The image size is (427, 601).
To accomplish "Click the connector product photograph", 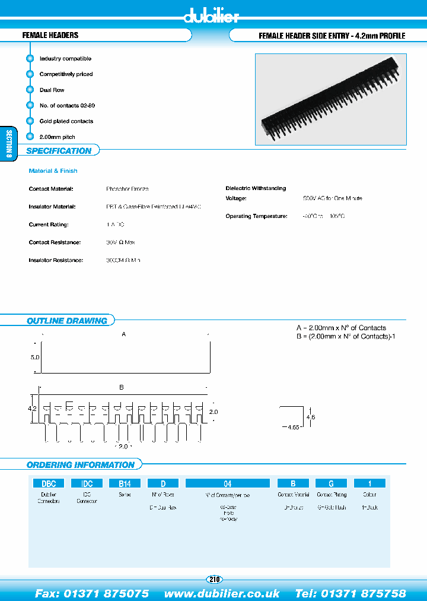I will [330, 99].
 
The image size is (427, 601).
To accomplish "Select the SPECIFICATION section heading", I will [59, 151].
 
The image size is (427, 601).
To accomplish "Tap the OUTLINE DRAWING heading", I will [67, 321].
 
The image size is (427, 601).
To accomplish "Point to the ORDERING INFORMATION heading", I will [81, 464].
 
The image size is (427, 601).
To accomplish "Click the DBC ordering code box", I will [49, 483].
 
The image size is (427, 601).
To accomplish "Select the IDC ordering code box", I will [87, 483].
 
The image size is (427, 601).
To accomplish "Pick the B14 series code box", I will [125, 483].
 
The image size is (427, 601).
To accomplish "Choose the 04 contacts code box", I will [227, 483].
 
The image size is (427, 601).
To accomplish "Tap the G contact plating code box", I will [331, 483].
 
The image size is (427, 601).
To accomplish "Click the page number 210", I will [213, 579].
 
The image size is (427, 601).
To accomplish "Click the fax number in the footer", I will [92, 593].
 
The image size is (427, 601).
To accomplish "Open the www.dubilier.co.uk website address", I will [222, 593].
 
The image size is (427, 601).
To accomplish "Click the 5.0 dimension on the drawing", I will [34, 358].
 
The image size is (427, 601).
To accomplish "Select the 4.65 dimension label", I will [291, 427].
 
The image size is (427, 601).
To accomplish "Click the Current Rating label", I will [49, 224].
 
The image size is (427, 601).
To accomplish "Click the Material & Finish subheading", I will [53, 170].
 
